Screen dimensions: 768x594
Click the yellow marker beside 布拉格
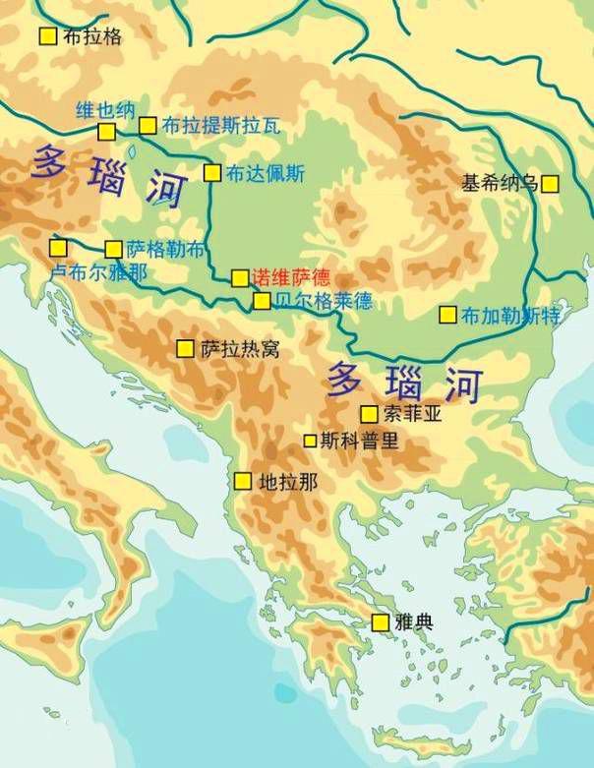47,36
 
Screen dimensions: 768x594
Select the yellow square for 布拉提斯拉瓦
148,125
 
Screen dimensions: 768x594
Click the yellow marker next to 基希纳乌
549,183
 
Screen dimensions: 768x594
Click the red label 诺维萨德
291,277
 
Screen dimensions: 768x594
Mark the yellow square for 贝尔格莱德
262,301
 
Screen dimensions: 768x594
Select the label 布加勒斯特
510,316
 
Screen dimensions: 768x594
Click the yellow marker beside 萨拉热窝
185,348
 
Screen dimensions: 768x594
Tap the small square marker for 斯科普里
310,441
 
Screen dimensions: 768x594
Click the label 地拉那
288,482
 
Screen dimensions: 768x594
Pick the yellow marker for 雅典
380,621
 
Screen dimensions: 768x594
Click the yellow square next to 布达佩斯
211,173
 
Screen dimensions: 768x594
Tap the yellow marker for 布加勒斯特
447,315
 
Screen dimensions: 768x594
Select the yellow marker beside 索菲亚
369,414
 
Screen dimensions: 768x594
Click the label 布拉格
92,36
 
